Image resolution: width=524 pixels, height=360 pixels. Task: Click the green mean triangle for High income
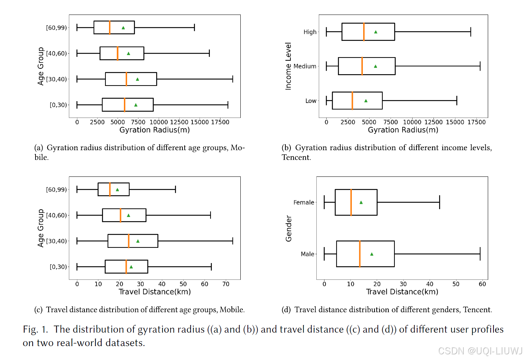[x=376, y=32]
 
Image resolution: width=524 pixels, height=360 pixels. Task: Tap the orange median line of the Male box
[x=360, y=254]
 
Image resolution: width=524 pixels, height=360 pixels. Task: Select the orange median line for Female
[x=351, y=202]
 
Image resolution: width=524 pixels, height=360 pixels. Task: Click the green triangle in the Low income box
[x=366, y=101]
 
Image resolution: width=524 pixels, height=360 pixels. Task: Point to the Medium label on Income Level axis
[x=305, y=66]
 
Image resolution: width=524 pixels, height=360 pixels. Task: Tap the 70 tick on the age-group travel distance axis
[x=226, y=284]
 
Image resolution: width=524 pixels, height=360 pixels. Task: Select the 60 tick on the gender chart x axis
[x=482, y=284]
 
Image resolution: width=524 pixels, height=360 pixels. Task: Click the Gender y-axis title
[x=289, y=228]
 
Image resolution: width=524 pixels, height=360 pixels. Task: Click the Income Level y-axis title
[x=288, y=66]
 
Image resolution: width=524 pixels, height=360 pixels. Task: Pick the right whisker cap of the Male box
[x=480, y=254]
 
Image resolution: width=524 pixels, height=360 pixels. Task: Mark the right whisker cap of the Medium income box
[x=480, y=66]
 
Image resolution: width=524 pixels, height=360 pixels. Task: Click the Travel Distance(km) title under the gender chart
[x=402, y=292]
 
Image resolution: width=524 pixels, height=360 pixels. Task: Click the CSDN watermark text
[x=480, y=351]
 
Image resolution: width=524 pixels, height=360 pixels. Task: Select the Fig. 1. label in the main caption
[x=36, y=329]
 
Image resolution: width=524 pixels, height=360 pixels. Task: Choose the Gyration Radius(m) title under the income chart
[x=403, y=130]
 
